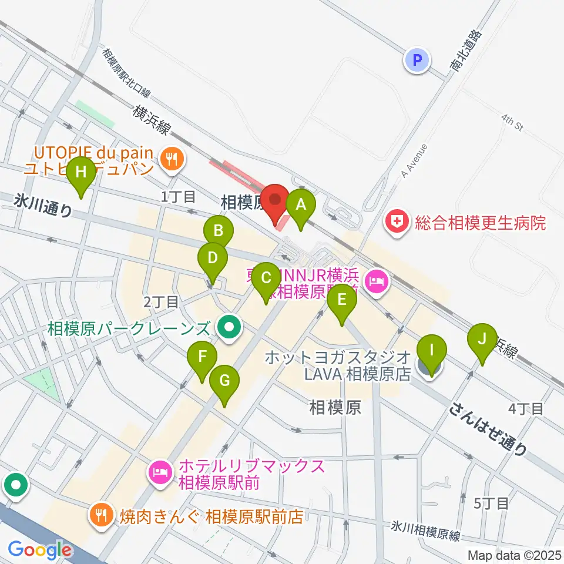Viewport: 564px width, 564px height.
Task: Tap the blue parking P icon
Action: click(417, 59)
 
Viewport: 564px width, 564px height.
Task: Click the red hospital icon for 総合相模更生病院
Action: click(398, 223)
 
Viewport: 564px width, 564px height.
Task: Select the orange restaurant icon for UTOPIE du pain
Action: click(172, 157)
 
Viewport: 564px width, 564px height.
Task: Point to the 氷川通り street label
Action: click(43, 206)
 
